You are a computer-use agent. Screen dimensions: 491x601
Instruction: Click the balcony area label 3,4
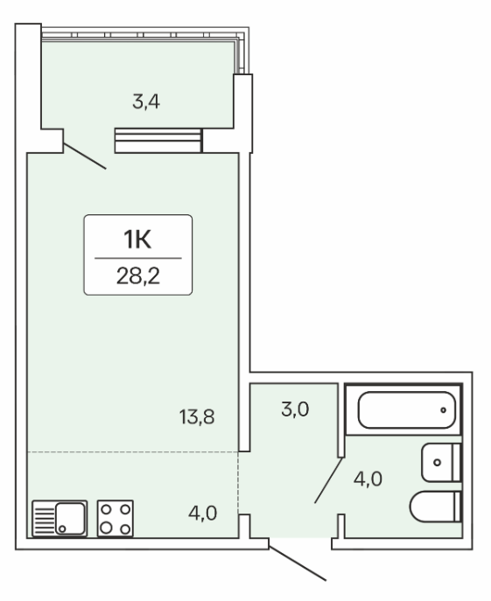pos(146,102)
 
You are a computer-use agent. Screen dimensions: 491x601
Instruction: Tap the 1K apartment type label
pos(137,239)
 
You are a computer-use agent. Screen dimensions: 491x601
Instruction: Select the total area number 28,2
pos(138,276)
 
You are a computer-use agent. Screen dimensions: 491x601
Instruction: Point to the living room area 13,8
pos(197,417)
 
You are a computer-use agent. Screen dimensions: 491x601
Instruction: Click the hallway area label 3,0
pos(295,409)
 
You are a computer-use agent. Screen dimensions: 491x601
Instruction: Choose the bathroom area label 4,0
pos(368,479)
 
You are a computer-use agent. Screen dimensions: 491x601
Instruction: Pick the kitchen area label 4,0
pos(202,514)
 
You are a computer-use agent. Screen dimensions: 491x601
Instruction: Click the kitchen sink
pos(60,518)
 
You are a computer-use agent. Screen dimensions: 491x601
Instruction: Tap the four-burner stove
pos(115,518)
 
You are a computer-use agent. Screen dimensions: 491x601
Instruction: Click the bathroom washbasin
pos(441,463)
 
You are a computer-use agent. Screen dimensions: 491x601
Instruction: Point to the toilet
pos(435,507)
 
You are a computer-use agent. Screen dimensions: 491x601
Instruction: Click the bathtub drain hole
pos(444,410)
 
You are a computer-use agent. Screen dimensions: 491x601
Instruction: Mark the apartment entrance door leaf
pos(298,559)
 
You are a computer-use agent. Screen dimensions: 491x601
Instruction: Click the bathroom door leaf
pos(329,480)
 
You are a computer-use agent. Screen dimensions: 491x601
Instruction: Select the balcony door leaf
pos(84,156)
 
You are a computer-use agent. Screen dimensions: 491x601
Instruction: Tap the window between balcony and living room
pos(158,141)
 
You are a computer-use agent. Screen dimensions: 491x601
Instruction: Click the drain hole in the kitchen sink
pos(62,529)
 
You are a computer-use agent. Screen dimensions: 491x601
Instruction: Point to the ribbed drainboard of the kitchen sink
pos(44,519)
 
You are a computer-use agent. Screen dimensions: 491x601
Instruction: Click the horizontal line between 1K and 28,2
pos(138,258)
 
